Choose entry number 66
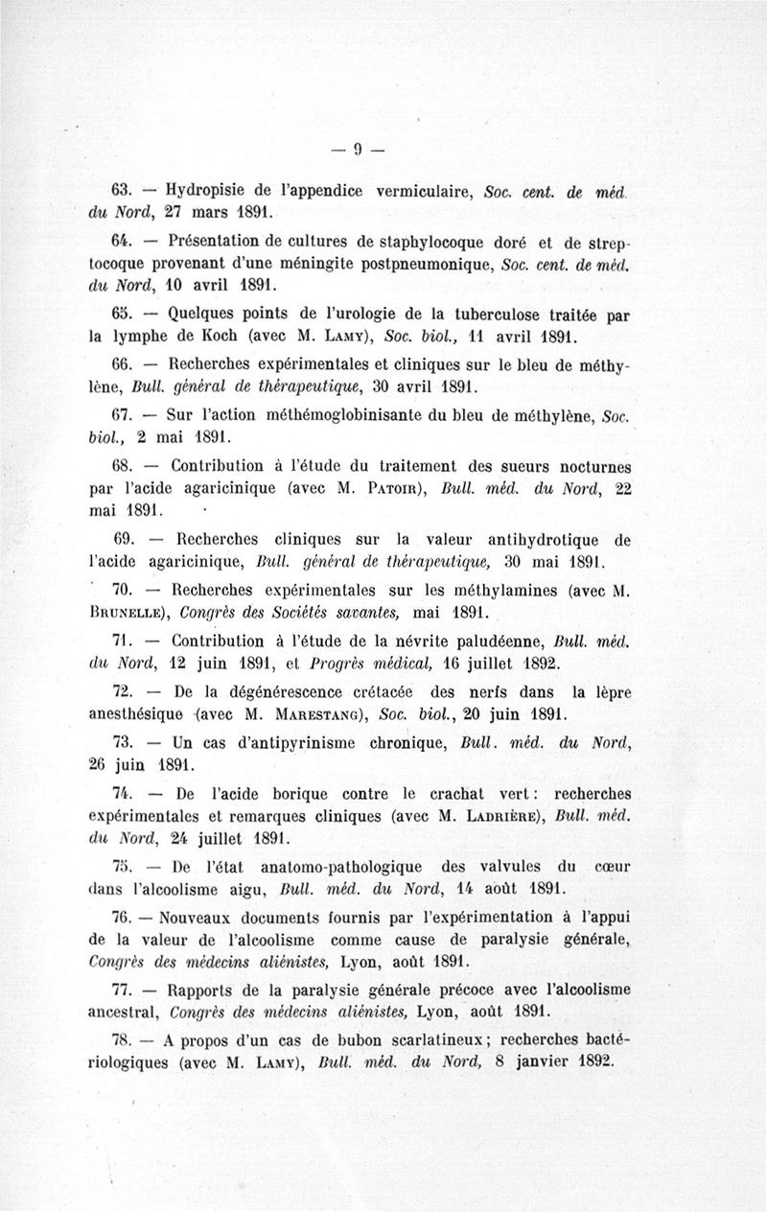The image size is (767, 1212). click(x=123, y=365)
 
